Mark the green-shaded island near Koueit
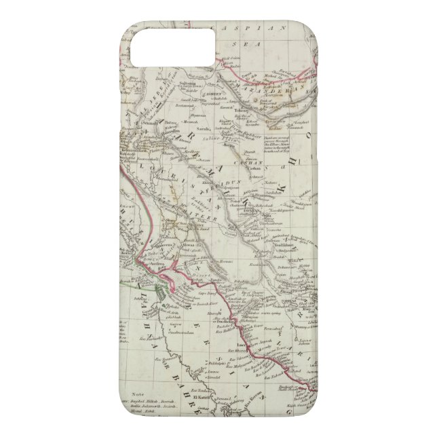[161, 293]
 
